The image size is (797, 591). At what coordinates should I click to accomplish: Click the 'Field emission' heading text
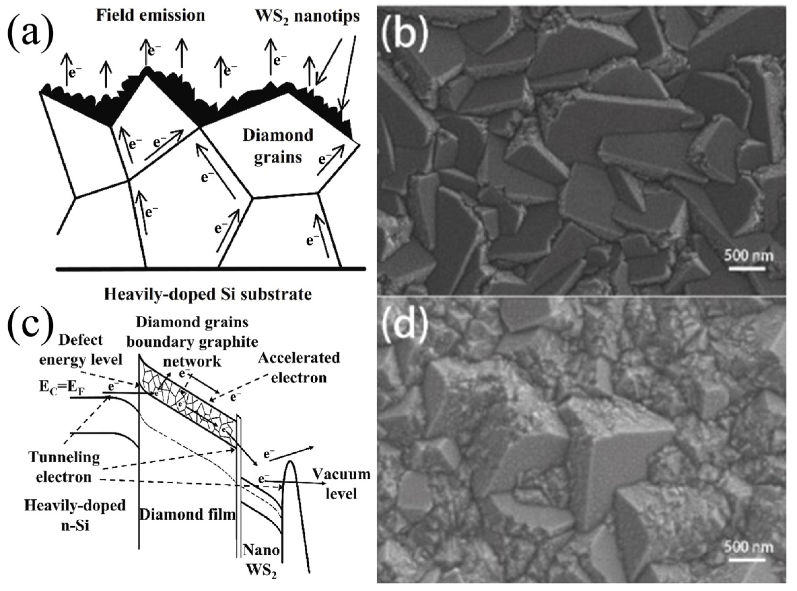[151, 16]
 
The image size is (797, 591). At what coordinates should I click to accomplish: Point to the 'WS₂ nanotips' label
[308, 16]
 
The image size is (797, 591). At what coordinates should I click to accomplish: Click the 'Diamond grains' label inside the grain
[278, 147]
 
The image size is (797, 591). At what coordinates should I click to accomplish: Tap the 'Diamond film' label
[187, 514]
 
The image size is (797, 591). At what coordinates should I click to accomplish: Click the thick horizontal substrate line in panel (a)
[211, 268]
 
